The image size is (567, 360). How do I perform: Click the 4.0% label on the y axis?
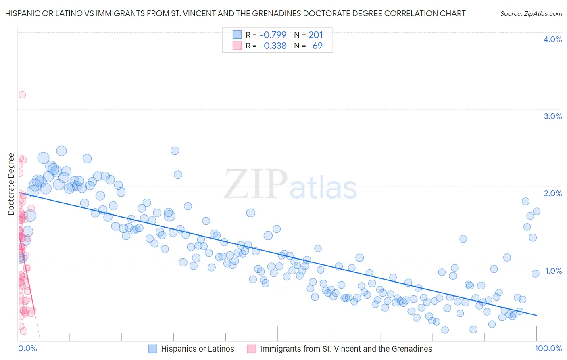pos(552,39)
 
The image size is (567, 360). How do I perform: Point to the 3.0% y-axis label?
pos(552,116)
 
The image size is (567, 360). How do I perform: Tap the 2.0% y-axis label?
pos(552,193)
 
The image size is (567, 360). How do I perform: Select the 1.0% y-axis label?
pos(553,271)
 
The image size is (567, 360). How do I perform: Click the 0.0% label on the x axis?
pos(27,348)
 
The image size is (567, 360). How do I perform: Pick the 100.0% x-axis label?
pos(548,348)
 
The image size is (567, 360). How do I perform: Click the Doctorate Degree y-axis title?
pos(11,184)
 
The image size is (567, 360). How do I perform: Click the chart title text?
pos(236,13)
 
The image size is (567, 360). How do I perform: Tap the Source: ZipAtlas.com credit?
pos(531,13)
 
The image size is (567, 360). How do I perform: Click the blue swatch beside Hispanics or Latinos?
pos(152,349)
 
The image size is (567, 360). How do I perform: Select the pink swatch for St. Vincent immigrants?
pos(252,349)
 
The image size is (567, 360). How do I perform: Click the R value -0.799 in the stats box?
pos(273,35)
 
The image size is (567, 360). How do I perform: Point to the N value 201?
pos(316,35)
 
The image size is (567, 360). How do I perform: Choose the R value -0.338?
pos(273,46)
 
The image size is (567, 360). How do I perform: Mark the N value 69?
pos(317,46)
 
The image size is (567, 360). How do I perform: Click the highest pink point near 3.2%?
pos(22,95)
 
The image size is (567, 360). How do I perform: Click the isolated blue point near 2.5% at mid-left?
pos(175,151)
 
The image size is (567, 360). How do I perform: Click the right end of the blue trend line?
pos(536,315)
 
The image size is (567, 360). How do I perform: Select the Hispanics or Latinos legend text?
pos(198,349)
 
